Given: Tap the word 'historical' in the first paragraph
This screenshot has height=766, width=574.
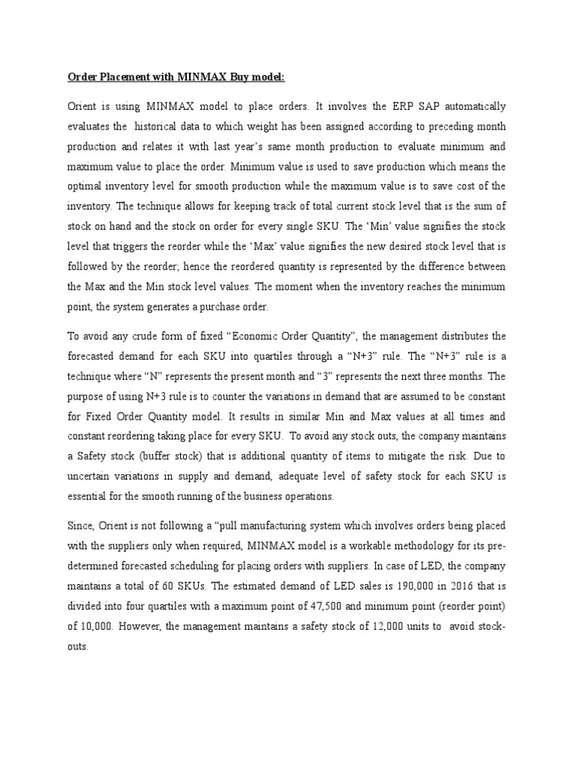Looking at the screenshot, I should pos(159,126).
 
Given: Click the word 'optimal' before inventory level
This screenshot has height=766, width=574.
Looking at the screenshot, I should pos(86,186).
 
